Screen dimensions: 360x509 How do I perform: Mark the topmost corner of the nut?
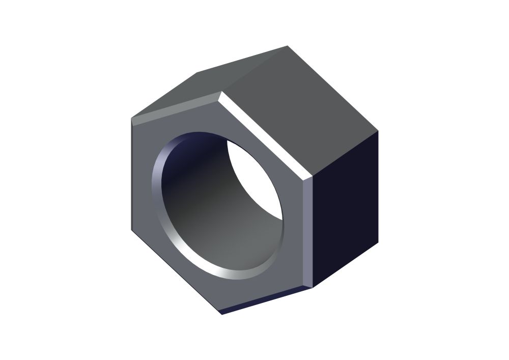tap(288, 46)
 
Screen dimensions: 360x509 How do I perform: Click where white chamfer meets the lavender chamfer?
tap(308, 179)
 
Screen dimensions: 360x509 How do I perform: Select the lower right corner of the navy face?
tap(378, 243)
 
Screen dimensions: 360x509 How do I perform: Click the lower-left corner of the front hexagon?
tap(132, 230)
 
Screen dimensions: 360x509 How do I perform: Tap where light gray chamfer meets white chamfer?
tap(220, 95)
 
